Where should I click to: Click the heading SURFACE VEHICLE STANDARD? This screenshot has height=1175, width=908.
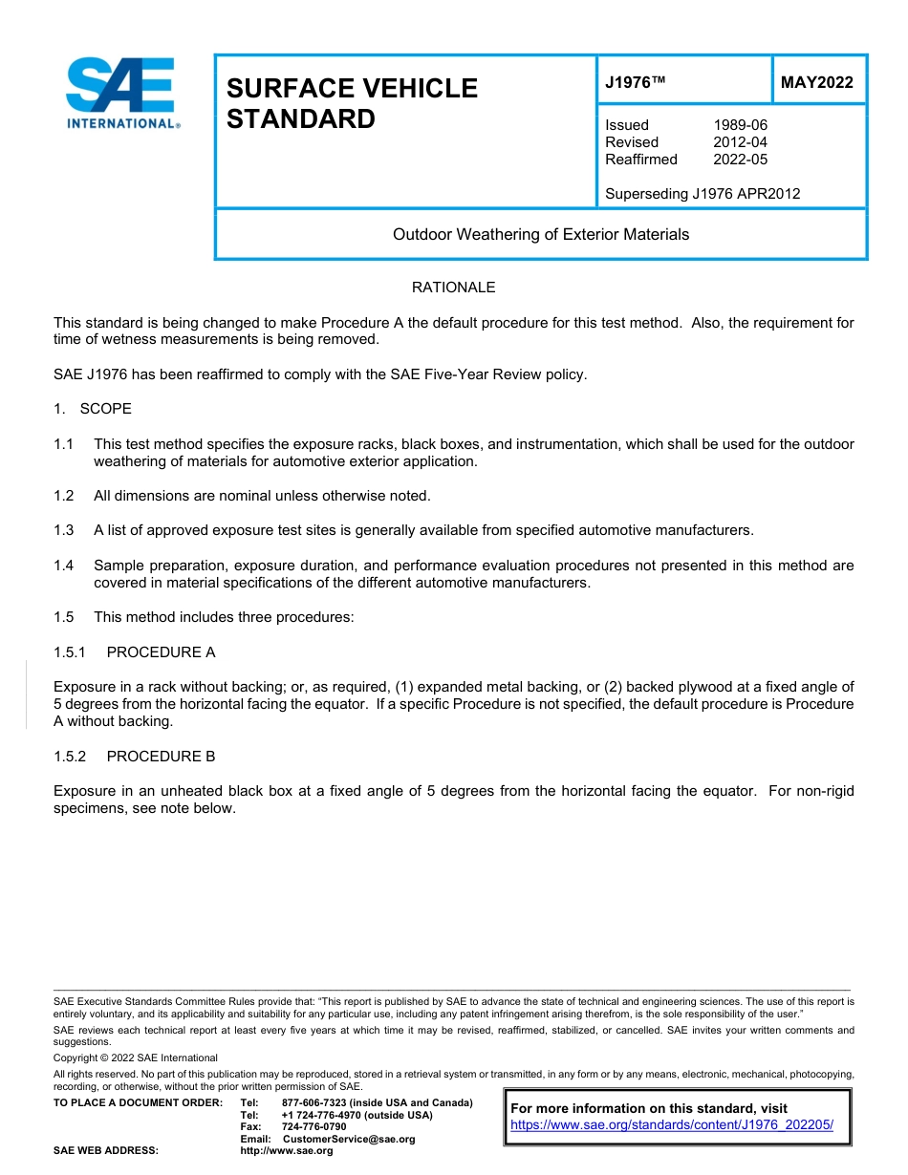tap(351, 103)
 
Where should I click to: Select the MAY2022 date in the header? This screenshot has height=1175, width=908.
tap(816, 83)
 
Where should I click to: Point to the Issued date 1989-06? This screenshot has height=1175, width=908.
tap(740, 125)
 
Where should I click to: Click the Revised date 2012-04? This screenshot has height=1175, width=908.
tap(740, 142)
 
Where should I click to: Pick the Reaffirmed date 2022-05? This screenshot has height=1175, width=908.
tap(740, 160)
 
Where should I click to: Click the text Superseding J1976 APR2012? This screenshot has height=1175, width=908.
tap(703, 194)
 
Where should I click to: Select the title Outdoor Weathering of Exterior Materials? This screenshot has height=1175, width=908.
tap(540, 234)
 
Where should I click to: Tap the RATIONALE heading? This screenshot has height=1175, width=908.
tap(453, 288)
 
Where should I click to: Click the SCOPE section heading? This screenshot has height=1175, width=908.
tap(105, 409)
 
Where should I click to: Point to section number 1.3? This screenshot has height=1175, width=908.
tap(64, 530)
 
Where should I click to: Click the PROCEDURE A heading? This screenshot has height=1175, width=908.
tap(161, 652)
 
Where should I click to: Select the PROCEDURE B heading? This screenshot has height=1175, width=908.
tap(161, 757)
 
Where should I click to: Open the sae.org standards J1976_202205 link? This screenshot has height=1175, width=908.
tap(672, 1125)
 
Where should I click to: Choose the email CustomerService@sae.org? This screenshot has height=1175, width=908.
tap(349, 1139)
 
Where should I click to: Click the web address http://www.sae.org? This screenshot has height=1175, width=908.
tap(287, 1151)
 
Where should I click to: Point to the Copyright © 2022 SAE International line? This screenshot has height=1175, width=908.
tap(136, 1057)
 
